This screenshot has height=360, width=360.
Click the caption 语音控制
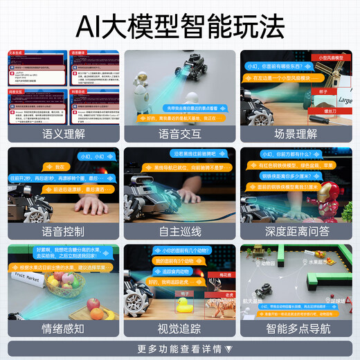coord(64,231)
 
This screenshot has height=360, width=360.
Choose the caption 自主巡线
coord(180,231)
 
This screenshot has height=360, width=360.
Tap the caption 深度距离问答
coord(296,231)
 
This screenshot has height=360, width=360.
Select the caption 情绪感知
coord(64,328)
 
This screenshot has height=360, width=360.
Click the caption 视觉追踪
coord(180,328)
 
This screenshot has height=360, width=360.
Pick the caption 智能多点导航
coord(296,328)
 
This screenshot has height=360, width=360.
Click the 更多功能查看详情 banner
coord(180,348)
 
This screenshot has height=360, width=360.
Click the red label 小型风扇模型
coord(327,57)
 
